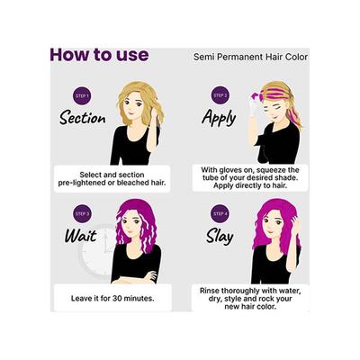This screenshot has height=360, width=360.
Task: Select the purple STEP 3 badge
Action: pos(82,213)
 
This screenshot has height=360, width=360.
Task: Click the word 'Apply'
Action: pos(220,118)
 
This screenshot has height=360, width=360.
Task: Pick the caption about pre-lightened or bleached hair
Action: pos(111,176)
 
